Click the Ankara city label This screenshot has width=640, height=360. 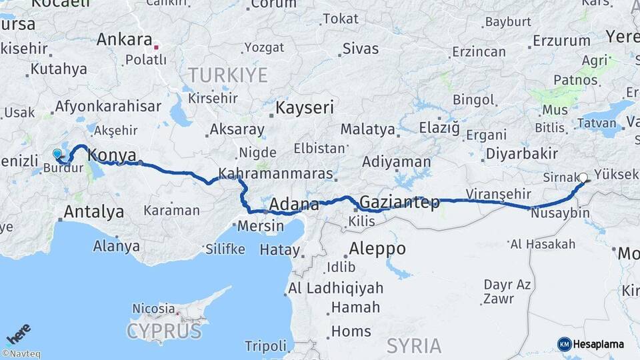[x=124, y=39]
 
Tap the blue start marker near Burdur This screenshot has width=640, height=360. [x=57, y=154]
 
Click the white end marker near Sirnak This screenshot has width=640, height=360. [x=583, y=178]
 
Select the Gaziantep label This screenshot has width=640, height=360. [x=399, y=202]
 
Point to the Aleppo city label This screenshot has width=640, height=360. [x=377, y=249]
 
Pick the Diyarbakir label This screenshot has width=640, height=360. [x=521, y=153]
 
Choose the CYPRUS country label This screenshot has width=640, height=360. [x=163, y=331]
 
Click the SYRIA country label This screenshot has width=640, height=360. [x=413, y=345]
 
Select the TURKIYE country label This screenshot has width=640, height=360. [x=227, y=75]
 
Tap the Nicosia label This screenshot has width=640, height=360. [x=154, y=309]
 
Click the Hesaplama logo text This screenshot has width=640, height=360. [x=599, y=344]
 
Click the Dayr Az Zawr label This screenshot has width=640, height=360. [x=507, y=292]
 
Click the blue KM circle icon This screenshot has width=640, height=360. [x=565, y=344]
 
